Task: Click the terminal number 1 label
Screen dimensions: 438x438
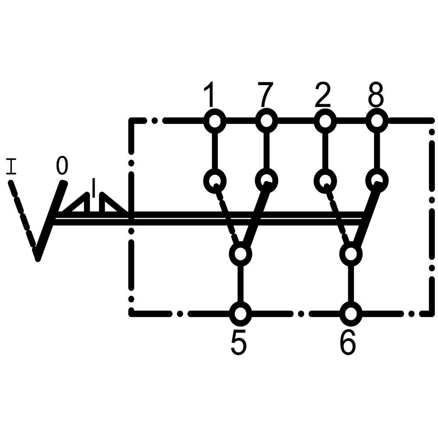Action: pos(211,95)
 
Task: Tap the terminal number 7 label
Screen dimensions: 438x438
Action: pos(265,95)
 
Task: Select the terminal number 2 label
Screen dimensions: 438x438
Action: pos(323,95)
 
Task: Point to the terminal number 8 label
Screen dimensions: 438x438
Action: pos(376,95)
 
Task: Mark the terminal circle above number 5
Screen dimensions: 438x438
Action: pos(240,313)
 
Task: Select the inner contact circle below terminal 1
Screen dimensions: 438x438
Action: pos(215,180)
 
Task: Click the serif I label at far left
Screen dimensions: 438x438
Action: pos(11,167)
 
